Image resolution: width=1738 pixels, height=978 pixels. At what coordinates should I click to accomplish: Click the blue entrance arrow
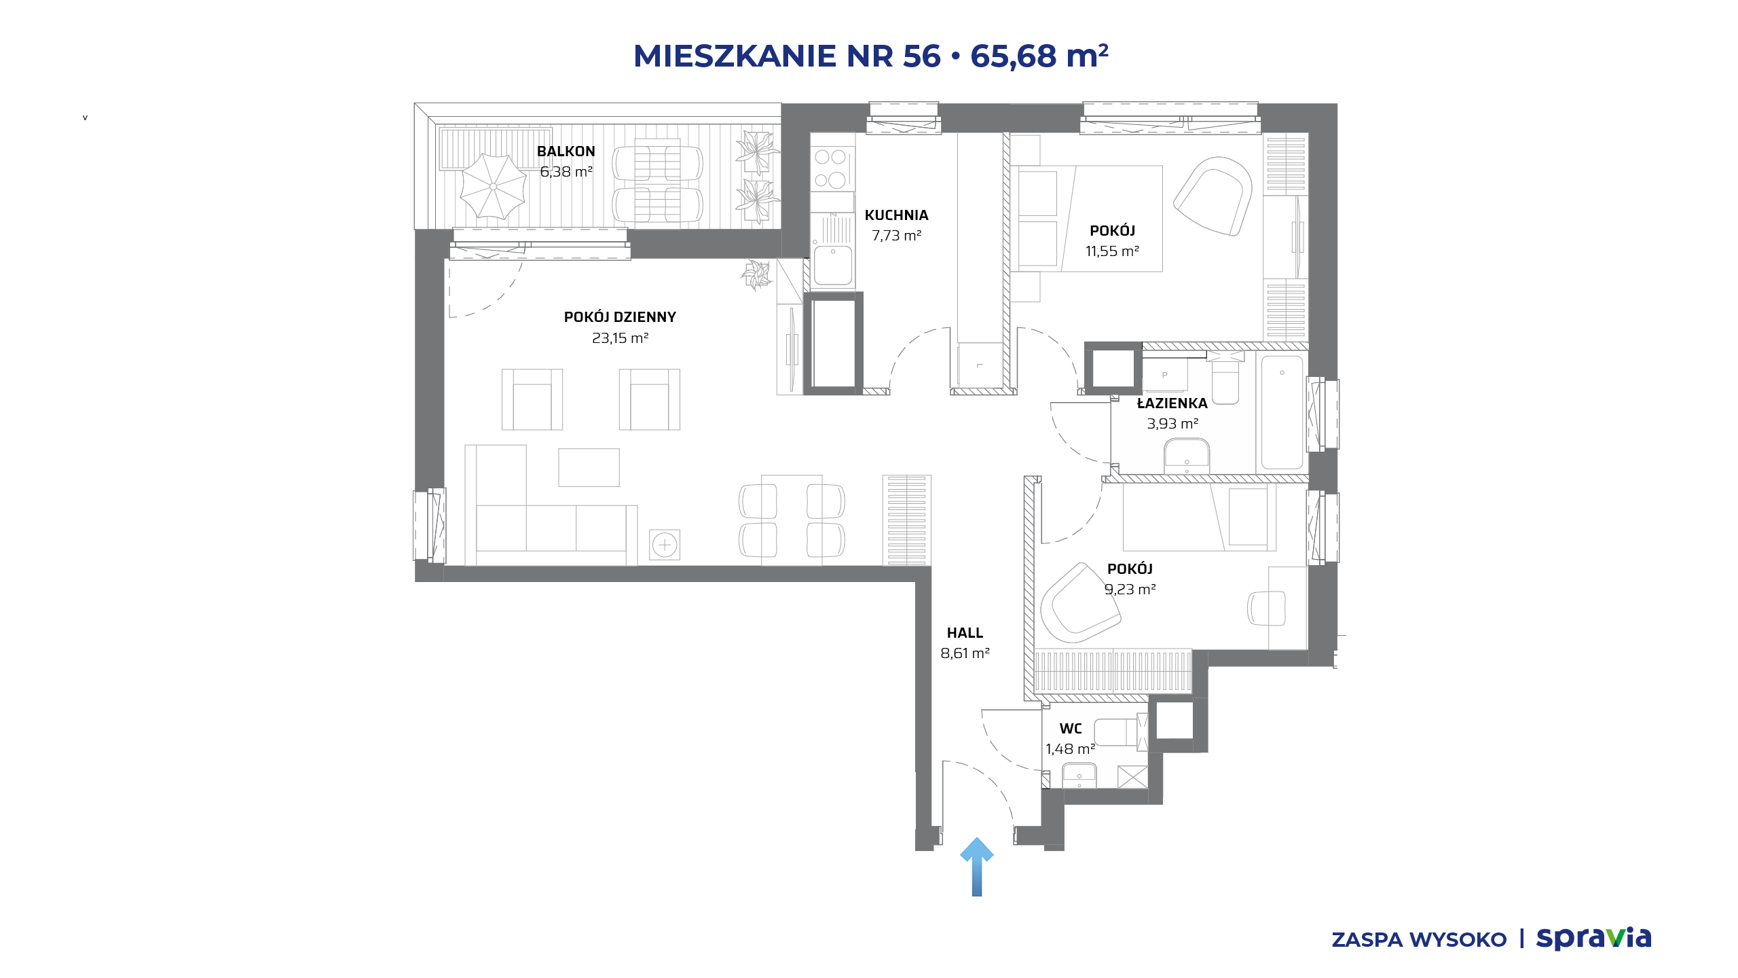[x=977, y=867]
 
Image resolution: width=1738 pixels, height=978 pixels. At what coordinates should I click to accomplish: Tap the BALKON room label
[x=566, y=151]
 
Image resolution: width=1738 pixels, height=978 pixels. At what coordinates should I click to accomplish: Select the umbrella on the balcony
[x=493, y=186]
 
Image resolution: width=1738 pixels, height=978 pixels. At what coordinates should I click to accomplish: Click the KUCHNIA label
[x=896, y=215]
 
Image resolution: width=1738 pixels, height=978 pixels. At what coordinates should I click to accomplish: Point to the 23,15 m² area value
[x=620, y=338]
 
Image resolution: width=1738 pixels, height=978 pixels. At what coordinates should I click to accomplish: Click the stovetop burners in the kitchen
[x=831, y=168]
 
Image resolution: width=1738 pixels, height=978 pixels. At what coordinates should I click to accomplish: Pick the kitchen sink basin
[x=833, y=265]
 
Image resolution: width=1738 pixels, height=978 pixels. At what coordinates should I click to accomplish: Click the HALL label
[x=965, y=633]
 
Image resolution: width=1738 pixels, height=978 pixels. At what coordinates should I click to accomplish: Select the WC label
[x=1071, y=729]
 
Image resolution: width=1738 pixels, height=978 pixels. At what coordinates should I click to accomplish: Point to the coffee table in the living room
[x=589, y=467]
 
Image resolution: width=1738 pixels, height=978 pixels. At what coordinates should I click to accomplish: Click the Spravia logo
[x=1593, y=939]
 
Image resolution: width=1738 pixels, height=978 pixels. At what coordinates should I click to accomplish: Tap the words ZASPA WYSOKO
[x=1419, y=940]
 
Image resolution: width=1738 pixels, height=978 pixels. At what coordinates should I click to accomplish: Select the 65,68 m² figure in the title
[x=1039, y=56]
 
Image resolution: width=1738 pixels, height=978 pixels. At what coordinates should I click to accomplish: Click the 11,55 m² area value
[x=1112, y=251]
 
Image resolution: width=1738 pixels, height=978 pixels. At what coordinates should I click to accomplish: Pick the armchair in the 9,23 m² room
[x=1079, y=603]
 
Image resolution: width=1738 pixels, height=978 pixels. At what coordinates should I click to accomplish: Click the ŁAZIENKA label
[x=1172, y=403]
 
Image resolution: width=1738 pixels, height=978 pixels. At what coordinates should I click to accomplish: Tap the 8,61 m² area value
[x=965, y=653]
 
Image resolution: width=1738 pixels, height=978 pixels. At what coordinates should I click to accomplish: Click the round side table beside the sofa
[x=665, y=545]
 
